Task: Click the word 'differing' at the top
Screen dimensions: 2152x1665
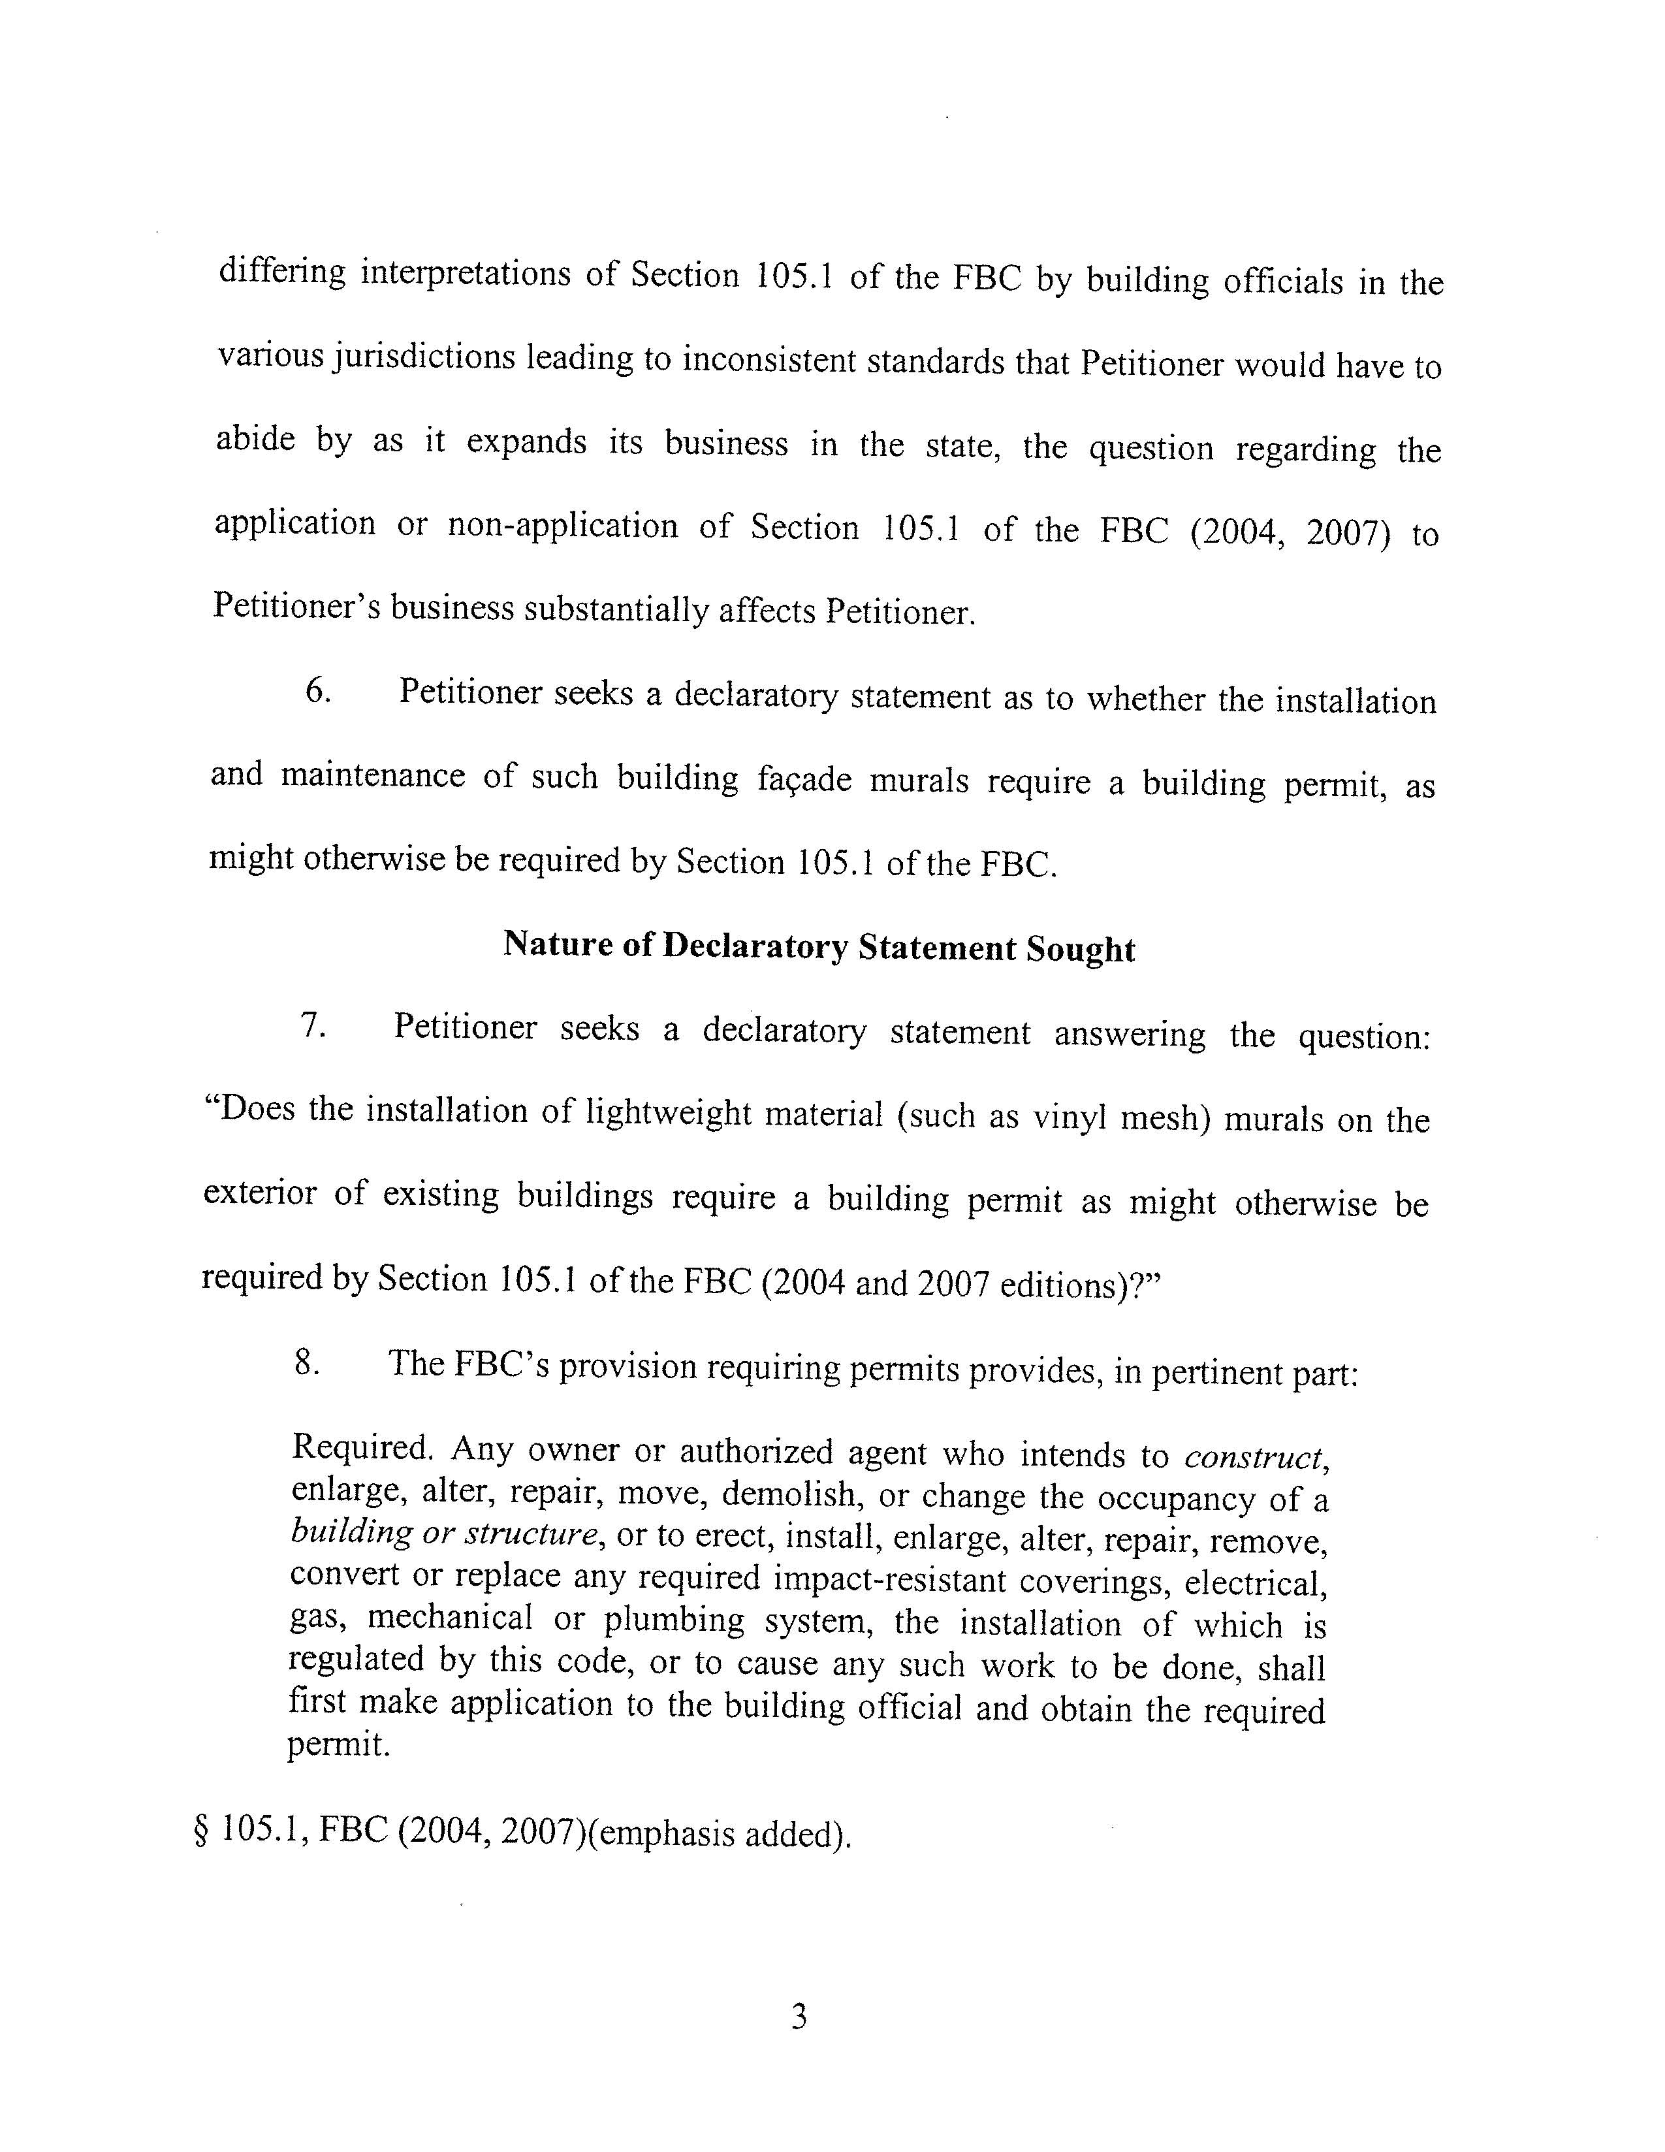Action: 282,271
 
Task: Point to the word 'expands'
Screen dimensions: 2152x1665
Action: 526,442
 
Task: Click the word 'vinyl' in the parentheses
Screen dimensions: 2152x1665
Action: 1067,1117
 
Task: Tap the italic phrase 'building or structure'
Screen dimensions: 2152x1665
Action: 445,1534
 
